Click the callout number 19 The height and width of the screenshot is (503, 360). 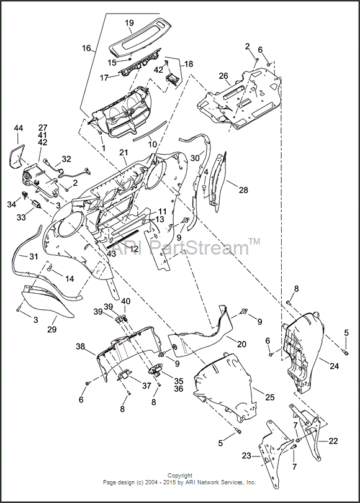(x=130, y=23)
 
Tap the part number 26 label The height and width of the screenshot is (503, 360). (x=223, y=76)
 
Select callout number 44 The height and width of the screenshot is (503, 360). (x=18, y=129)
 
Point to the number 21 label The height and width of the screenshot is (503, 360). (x=124, y=153)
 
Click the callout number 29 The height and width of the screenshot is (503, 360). (x=52, y=329)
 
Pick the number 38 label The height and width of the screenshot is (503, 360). (x=81, y=347)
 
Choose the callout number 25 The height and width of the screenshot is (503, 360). (x=270, y=397)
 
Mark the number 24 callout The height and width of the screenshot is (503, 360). (x=334, y=365)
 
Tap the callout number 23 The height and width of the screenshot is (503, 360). (x=246, y=455)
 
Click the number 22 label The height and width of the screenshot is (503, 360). (x=333, y=441)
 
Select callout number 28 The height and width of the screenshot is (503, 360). (x=243, y=190)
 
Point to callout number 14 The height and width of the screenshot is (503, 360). (x=70, y=278)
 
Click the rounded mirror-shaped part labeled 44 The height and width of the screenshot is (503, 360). (x=17, y=156)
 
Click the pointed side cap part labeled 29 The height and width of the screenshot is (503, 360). (x=48, y=300)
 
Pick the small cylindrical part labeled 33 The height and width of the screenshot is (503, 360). (x=37, y=204)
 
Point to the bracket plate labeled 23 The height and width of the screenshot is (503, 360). (x=272, y=448)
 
